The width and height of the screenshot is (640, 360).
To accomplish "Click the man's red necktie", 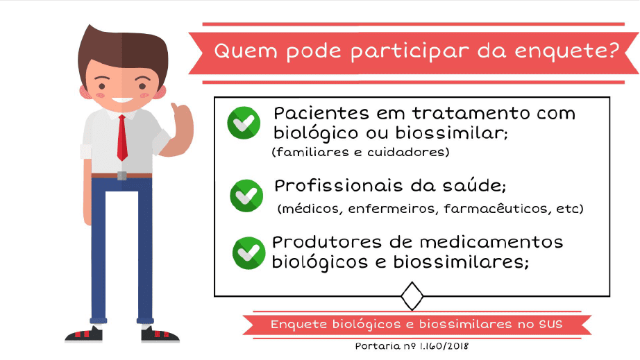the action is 122,138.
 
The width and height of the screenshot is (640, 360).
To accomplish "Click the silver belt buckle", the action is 121,175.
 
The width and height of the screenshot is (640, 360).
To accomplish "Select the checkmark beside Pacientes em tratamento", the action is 244,123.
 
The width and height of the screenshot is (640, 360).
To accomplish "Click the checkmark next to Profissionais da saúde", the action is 246,196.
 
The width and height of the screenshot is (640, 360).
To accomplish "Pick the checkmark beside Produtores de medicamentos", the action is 249,252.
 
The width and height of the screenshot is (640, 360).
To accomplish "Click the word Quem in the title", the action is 246,51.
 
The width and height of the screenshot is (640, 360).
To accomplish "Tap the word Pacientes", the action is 321,113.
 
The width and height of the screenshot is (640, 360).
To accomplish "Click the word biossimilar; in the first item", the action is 451,132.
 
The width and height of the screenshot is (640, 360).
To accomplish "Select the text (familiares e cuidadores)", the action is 360,152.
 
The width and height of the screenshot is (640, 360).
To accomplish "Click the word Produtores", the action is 327,242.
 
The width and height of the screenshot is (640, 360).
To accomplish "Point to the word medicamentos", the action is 491,242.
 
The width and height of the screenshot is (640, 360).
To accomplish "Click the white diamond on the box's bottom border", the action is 412,296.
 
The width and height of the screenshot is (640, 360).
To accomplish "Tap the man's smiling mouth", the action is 122,100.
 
